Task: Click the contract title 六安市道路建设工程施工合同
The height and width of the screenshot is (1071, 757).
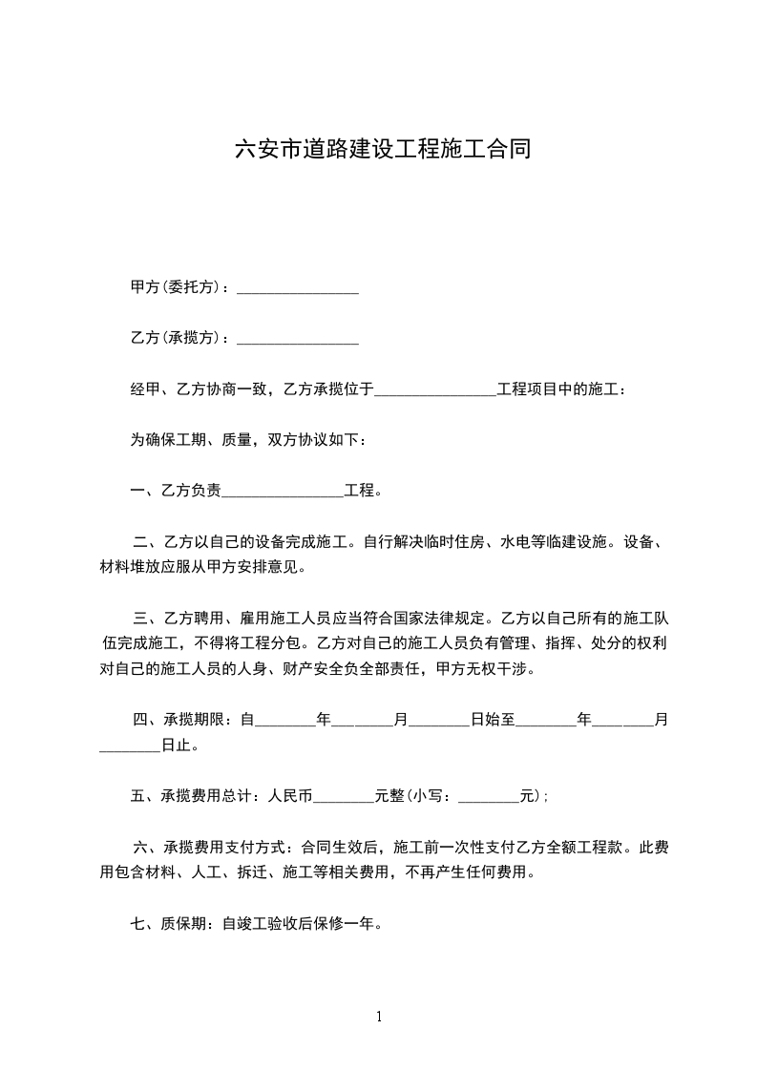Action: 382,149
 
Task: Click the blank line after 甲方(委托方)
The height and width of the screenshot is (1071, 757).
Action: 297,288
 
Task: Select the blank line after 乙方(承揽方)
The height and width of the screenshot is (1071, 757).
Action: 297,339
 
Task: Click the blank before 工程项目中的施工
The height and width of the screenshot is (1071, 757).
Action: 435,390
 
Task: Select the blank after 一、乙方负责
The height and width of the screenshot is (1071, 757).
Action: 283,493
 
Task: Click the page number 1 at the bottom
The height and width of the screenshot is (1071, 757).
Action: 379,1017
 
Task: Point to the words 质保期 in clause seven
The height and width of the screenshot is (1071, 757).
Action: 182,924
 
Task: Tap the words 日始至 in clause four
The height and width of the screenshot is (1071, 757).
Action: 493,721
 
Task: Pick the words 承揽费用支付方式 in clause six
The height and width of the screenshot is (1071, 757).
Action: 223,847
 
